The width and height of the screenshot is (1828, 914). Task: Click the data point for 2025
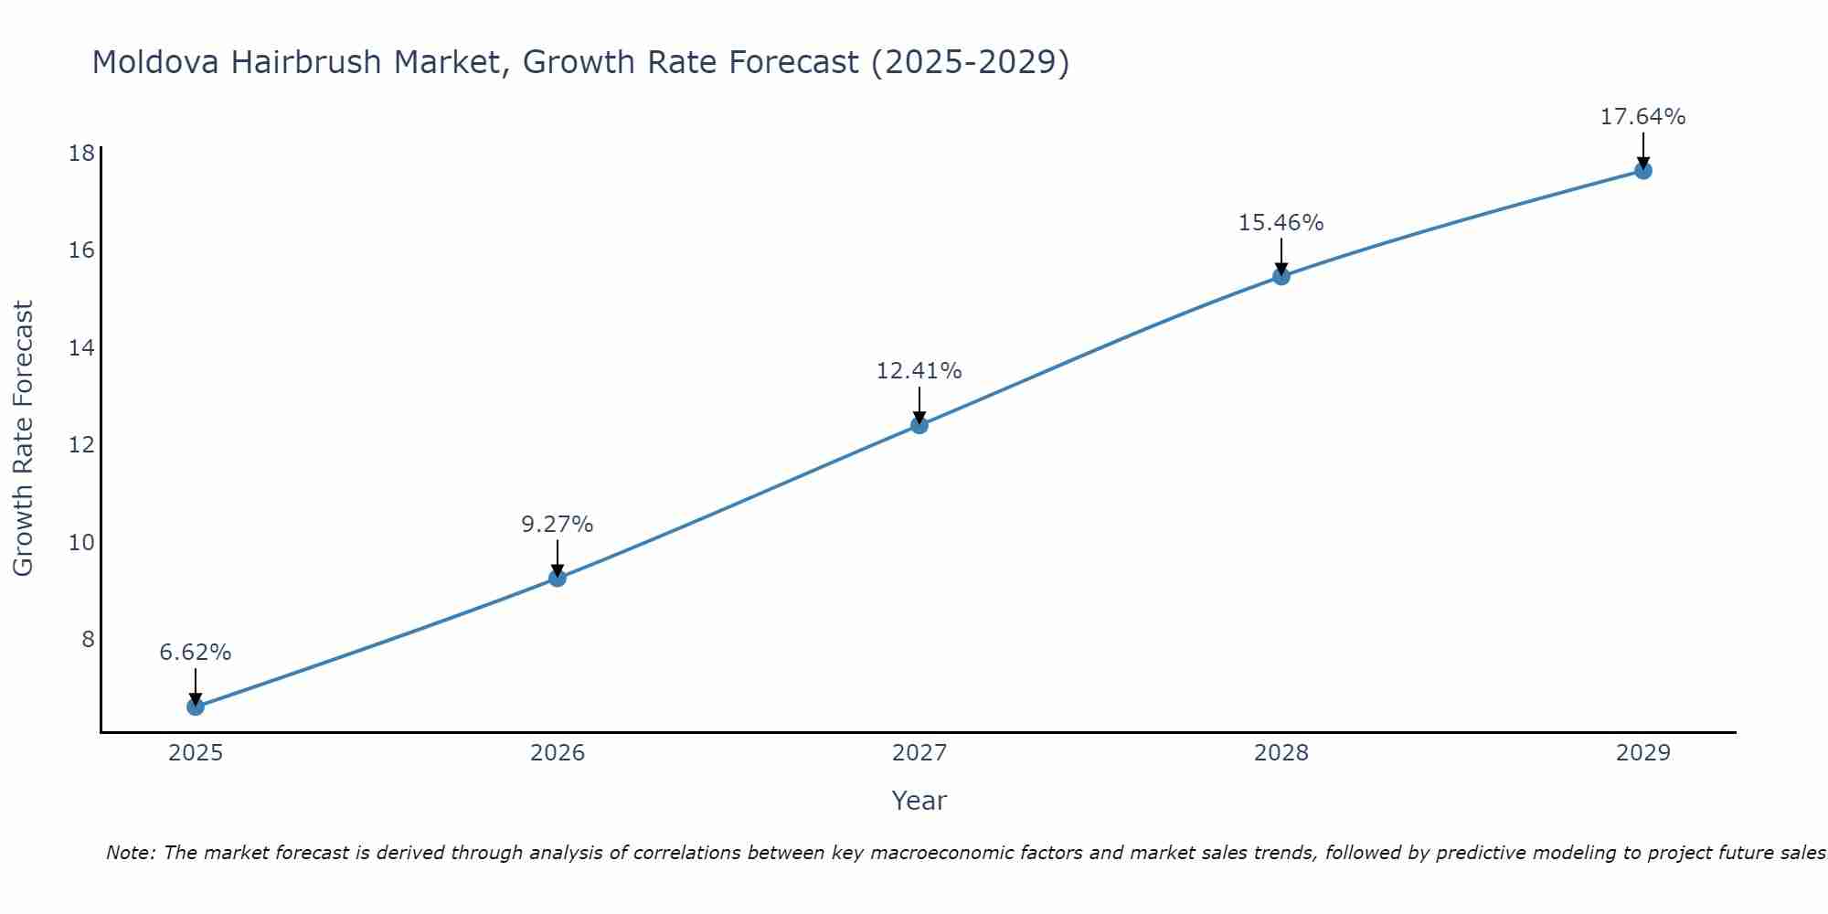[x=196, y=707]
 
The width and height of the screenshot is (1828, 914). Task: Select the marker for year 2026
[x=558, y=578]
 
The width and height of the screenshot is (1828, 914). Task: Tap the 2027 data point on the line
[x=919, y=425]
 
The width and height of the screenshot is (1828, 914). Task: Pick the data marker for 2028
[x=1281, y=276]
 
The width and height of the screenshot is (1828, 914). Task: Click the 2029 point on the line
[x=1643, y=170]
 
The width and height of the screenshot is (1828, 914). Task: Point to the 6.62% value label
[x=196, y=653]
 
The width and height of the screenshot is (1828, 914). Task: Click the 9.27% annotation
[x=558, y=525]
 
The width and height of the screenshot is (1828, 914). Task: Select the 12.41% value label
[x=919, y=371]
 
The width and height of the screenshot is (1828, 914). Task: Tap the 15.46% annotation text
[x=1281, y=223]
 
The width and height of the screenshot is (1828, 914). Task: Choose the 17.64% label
[x=1643, y=117]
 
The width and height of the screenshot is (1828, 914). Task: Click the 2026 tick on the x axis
[x=558, y=753]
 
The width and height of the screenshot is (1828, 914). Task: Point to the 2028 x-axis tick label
[x=1281, y=753]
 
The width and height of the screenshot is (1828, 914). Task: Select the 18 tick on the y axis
[x=82, y=153]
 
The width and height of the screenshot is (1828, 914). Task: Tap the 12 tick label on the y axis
[x=82, y=445]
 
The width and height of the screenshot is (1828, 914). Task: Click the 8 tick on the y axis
[x=89, y=640]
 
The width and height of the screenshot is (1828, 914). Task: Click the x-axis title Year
[x=919, y=801]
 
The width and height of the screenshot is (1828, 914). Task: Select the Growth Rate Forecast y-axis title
[x=23, y=439]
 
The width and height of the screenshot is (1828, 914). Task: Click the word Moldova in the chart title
[x=155, y=62]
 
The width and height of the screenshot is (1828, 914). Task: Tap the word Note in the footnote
[x=131, y=853]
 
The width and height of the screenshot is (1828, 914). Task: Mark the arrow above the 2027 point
[x=919, y=404]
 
